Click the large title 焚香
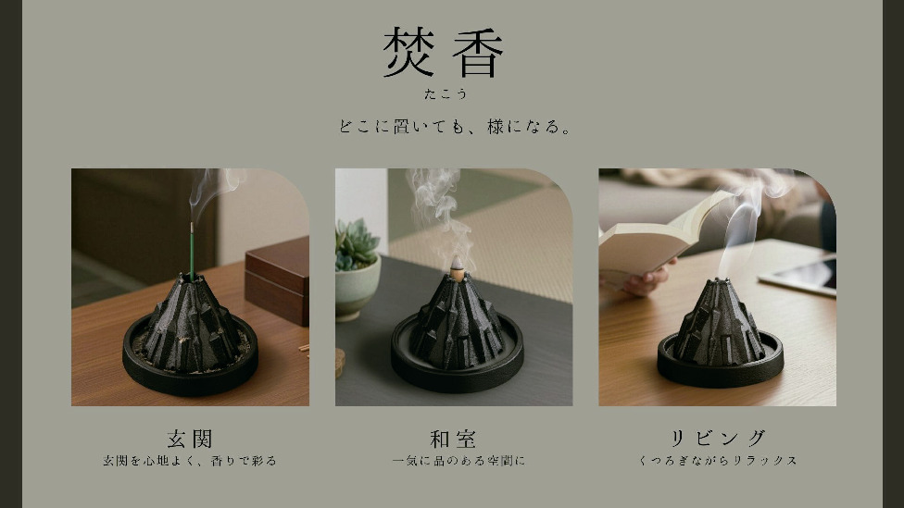tap(443, 53)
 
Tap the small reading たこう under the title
tap(446, 93)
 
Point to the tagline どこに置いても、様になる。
tap(455, 126)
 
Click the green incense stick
tap(192, 251)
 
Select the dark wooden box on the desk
tap(277, 279)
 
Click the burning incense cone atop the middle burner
tap(458, 269)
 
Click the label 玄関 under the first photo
tap(190, 439)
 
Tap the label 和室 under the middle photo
tap(453, 439)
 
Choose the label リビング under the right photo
tap(717, 439)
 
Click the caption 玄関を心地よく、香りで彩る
tap(190, 461)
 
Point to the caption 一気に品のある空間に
tap(458, 461)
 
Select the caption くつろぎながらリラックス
tap(718, 461)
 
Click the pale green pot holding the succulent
tap(357, 287)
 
